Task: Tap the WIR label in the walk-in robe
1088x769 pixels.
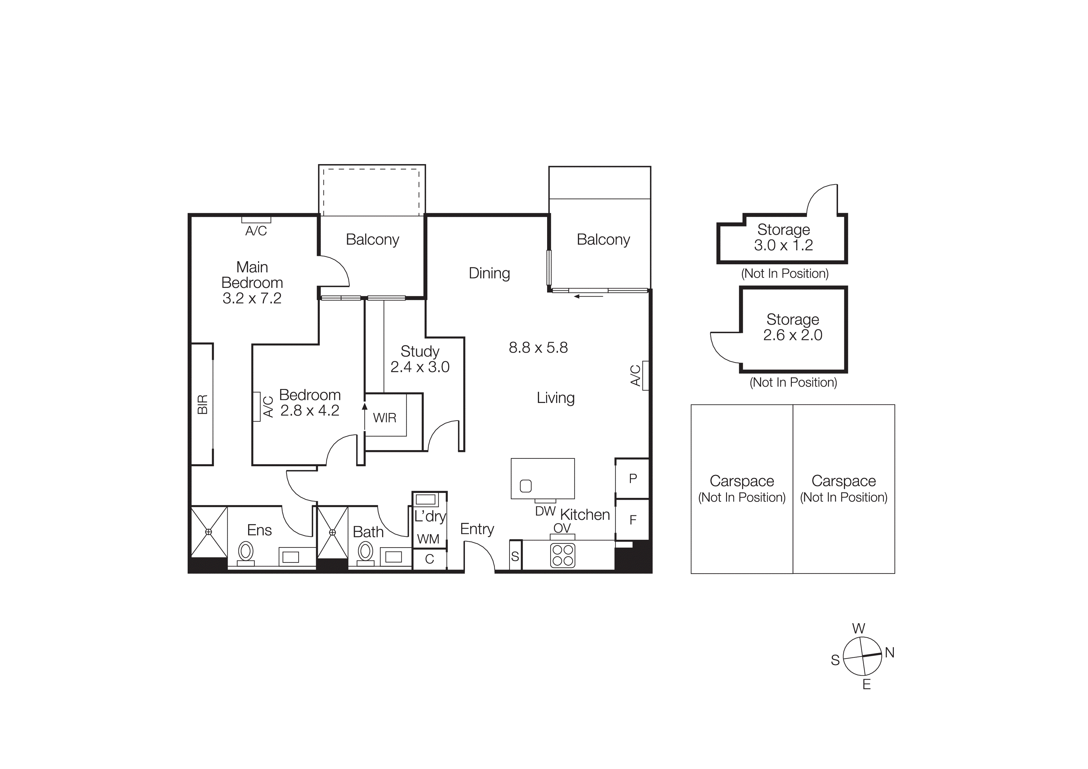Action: (384, 418)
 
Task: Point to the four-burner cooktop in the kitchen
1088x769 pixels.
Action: (563, 555)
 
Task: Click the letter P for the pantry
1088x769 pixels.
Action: (633, 479)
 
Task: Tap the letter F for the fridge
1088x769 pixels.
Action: (633, 520)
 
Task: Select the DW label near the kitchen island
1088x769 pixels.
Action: (545, 511)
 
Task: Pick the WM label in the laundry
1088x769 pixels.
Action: (428, 539)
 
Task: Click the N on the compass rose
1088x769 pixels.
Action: (890, 653)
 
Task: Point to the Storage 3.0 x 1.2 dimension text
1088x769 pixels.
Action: (783, 245)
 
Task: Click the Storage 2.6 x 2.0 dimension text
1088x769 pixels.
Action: (792, 335)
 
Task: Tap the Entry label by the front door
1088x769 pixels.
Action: (477, 529)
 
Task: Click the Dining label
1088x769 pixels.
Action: (489, 273)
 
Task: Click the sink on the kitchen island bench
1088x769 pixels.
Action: (525, 486)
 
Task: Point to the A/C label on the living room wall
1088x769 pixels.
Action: (636, 375)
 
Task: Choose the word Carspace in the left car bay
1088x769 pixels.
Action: (742, 481)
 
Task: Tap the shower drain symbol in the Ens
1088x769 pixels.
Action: (208, 532)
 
